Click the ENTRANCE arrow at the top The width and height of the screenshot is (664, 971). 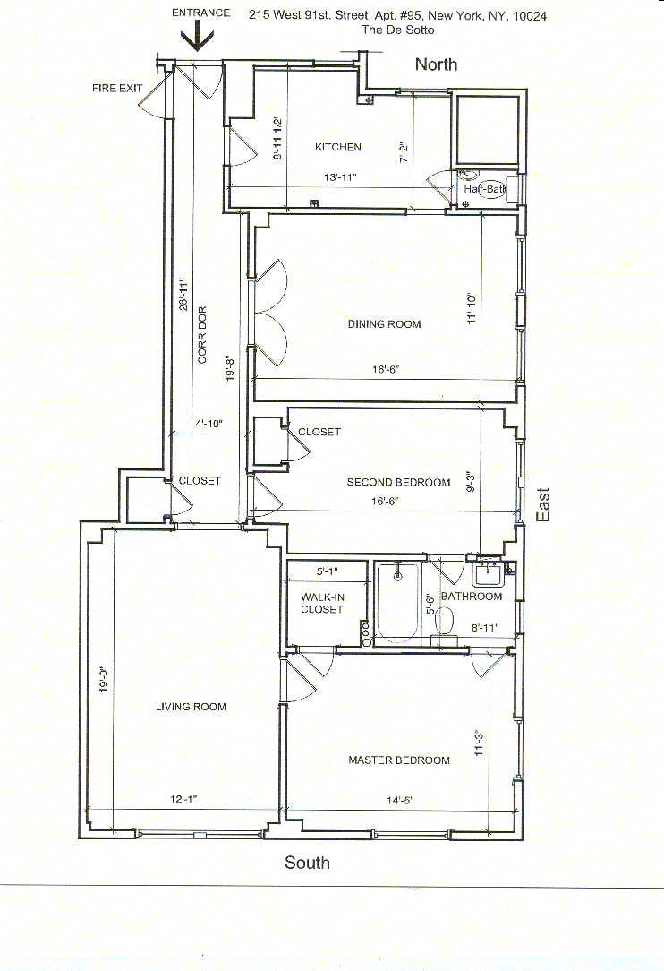198,37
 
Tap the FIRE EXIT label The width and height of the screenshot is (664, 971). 117,89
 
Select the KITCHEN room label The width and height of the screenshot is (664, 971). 338,148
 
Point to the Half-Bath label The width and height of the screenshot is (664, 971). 485,189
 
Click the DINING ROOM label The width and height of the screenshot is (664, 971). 384,324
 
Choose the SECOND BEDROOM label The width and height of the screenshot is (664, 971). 398,483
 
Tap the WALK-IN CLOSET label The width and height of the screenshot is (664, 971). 322,603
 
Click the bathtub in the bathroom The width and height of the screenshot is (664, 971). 398,603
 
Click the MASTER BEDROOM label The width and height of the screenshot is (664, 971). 399,760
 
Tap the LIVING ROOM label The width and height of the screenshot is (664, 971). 191,707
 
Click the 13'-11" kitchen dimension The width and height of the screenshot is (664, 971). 340,177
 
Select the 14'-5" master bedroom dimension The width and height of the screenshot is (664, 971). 400,800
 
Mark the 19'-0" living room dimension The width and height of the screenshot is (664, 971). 104,679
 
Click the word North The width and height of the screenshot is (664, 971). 437,64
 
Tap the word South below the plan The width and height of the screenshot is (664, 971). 307,863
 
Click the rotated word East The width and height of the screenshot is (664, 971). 542,504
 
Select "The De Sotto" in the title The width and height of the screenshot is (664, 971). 398,30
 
